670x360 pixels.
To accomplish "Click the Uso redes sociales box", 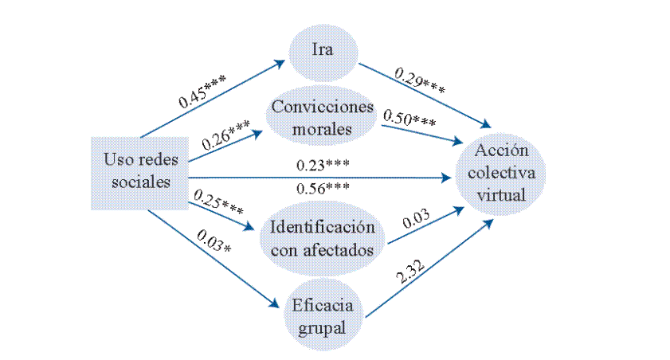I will [x=141, y=171].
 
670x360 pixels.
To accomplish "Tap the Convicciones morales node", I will [x=323, y=117].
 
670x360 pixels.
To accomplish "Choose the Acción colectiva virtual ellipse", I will [x=502, y=173].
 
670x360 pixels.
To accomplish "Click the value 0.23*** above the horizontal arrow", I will [x=323, y=166].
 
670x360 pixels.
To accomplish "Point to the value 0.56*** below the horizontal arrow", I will [x=323, y=189].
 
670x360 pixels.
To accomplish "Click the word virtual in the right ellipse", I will [x=502, y=193].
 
